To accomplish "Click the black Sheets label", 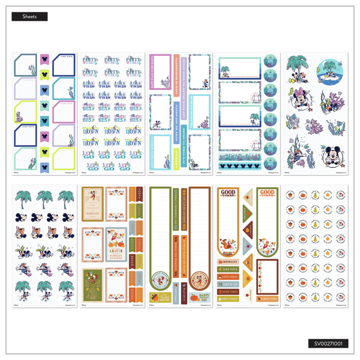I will point(29,17).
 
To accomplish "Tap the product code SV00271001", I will point(328,343).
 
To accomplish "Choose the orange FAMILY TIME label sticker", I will point(267,298).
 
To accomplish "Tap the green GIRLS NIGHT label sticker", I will point(228,299).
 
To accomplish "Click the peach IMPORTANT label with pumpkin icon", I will point(228,262).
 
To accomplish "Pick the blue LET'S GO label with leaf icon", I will point(228,284).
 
